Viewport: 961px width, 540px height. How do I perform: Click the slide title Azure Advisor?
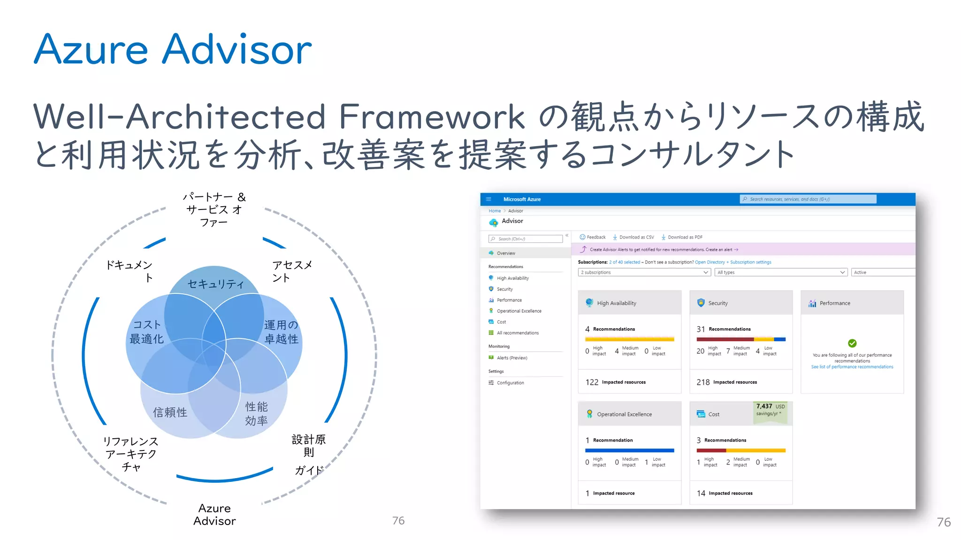[173, 49]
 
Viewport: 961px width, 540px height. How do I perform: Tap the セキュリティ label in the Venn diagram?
[215, 284]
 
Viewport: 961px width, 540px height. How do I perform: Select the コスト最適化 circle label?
[146, 332]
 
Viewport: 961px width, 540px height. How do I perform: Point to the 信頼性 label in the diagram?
[170, 412]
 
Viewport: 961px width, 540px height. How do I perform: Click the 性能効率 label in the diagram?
[256, 413]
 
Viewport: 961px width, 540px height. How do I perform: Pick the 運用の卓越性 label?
[281, 332]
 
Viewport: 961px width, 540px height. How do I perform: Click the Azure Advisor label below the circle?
[214, 515]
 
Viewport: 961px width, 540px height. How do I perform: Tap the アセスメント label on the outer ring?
[292, 271]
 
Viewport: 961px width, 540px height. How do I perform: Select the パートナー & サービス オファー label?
[214, 209]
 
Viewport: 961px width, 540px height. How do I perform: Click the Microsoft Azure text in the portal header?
[522, 199]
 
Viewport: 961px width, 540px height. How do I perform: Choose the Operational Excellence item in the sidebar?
[519, 311]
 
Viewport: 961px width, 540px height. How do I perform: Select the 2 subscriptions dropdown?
[644, 272]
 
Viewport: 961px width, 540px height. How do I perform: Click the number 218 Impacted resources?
[703, 382]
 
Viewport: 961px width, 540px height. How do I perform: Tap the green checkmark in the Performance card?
[852, 343]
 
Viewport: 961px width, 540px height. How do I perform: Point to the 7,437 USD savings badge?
[770, 410]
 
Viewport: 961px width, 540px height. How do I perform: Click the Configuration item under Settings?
[510, 383]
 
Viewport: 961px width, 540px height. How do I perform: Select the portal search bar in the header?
[808, 199]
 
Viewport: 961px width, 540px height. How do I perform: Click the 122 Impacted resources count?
[592, 382]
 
